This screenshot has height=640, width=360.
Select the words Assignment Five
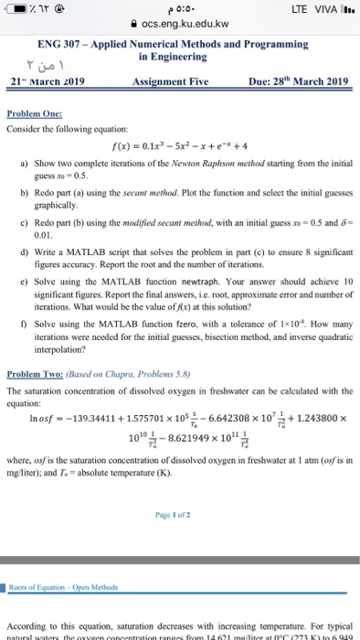click(175, 80)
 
